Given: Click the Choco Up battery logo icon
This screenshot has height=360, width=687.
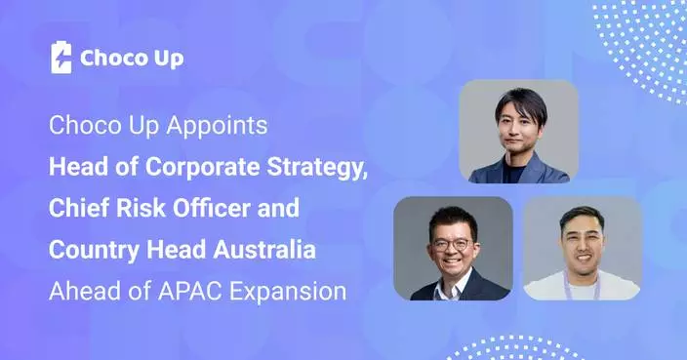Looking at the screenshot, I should pos(61,58).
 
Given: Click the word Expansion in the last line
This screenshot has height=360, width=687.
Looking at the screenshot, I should pos(302,291).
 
